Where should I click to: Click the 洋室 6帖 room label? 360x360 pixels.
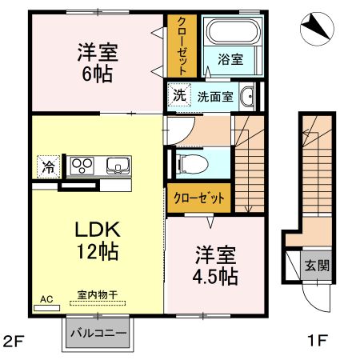[x=97, y=63]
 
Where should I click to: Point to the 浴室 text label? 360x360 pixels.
[x=230, y=58]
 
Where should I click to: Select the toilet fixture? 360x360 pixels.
[x=192, y=163]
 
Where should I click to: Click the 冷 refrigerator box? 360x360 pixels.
[x=49, y=167]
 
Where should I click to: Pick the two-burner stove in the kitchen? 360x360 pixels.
[x=83, y=166]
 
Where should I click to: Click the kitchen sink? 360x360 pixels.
[x=118, y=166]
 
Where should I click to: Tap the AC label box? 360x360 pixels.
[x=46, y=298]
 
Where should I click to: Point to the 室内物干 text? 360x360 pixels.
[x=97, y=295]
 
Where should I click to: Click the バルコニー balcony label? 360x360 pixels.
[x=97, y=332]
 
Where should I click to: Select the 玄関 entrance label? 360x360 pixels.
[x=314, y=265]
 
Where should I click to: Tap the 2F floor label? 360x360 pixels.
[x=14, y=340]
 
